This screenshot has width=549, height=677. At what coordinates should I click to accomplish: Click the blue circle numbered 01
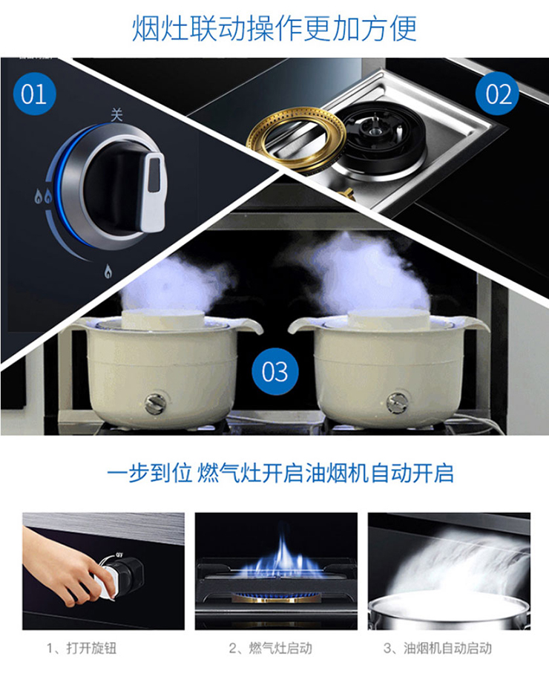tap(34, 94)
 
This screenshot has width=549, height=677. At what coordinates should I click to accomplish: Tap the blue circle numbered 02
tap(497, 94)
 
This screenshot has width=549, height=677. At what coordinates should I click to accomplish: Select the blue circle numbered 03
tap(274, 371)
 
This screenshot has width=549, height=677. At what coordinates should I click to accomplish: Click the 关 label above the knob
tap(116, 115)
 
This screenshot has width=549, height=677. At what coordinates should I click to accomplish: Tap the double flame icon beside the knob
tap(43, 197)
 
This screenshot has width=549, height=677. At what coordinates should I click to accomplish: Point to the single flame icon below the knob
tap(108, 271)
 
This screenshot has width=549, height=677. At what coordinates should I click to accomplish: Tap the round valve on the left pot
tap(154, 403)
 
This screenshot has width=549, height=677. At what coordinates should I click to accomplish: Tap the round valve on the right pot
tap(397, 403)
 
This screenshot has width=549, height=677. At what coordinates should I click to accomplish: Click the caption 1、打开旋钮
tap(82, 647)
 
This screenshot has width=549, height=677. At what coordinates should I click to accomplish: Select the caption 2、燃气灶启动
tap(271, 647)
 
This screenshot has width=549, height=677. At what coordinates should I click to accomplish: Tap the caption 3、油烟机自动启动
tap(438, 647)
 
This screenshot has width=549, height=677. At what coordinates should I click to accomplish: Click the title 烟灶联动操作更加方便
tap(274, 28)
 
